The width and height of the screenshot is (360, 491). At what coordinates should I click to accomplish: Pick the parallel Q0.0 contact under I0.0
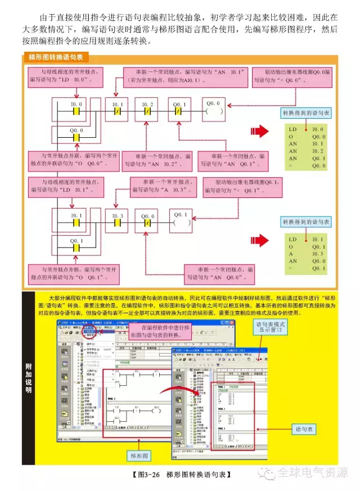point(75,137)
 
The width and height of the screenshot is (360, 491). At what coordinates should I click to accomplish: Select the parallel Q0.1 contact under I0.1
point(75,249)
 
